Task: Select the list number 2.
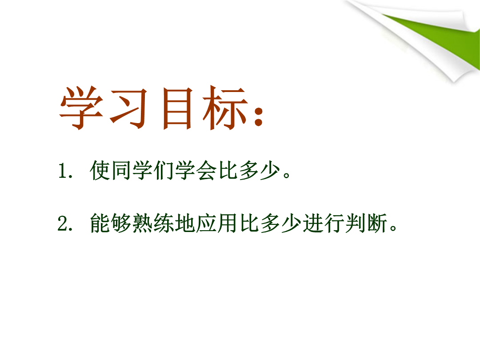pyautogui.click(x=63, y=224)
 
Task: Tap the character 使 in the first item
pyautogui.click(x=100, y=170)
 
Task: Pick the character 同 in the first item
pyautogui.click(x=121, y=170)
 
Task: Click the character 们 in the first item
pyautogui.click(x=164, y=170)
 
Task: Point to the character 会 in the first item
pyautogui.click(x=207, y=170)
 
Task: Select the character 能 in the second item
pyautogui.click(x=100, y=223)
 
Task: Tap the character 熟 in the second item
pyautogui.click(x=142, y=223)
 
